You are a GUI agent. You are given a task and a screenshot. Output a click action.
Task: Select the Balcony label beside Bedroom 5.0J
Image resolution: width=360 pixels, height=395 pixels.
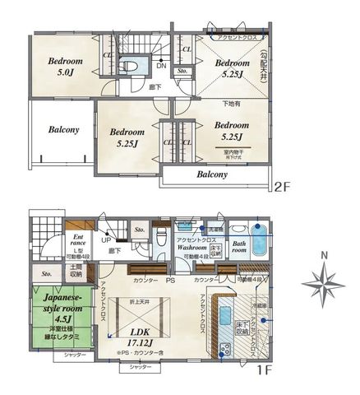(x=63, y=129)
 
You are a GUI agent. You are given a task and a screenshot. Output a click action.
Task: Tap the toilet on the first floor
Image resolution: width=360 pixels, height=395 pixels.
(x=160, y=239)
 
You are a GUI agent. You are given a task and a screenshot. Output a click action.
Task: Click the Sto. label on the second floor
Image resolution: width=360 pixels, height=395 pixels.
(x=182, y=71)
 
